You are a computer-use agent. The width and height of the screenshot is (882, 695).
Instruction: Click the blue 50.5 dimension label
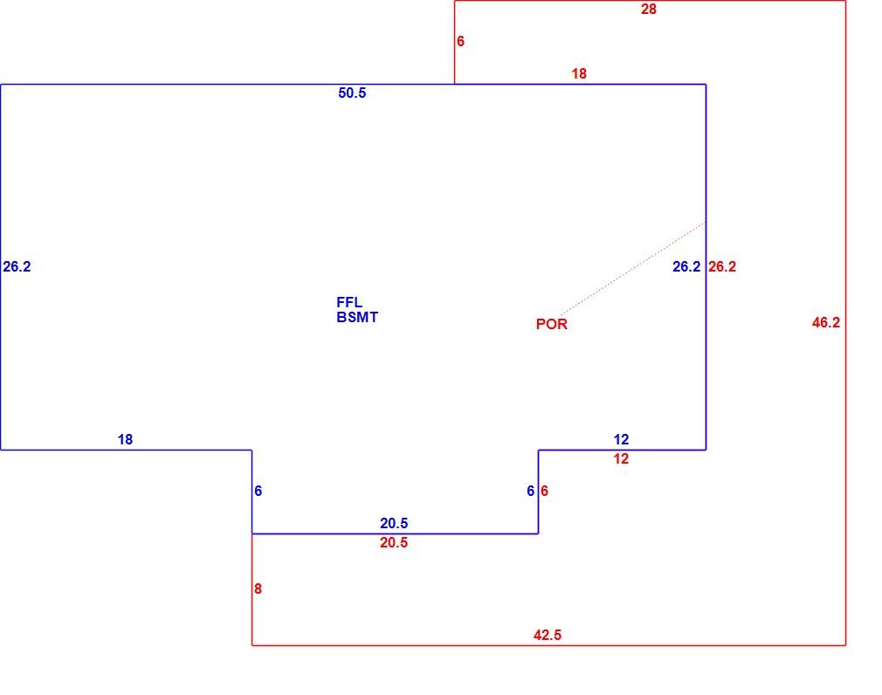click(x=352, y=93)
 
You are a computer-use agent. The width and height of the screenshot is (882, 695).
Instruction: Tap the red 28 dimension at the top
click(x=649, y=9)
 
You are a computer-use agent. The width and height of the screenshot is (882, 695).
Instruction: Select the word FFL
click(x=349, y=302)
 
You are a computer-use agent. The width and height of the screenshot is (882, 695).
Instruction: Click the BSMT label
click(x=357, y=317)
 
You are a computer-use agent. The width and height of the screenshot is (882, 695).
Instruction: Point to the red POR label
click(x=552, y=324)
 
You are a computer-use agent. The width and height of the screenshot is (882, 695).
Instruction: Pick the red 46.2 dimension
click(x=826, y=322)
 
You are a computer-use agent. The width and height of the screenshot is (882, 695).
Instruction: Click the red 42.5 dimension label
click(x=548, y=635)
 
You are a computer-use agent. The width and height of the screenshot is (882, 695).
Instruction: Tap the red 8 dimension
click(x=258, y=588)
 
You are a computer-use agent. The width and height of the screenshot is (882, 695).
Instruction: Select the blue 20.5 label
click(x=394, y=524)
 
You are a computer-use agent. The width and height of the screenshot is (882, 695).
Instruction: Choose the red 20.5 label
click(x=394, y=542)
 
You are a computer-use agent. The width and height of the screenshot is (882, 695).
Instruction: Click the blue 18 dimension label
click(x=125, y=440)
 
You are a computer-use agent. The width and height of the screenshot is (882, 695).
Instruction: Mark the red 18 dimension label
click(x=579, y=73)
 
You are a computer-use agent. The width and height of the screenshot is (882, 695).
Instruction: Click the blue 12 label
click(x=621, y=440)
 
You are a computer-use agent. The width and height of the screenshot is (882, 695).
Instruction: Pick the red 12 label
click(x=621, y=459)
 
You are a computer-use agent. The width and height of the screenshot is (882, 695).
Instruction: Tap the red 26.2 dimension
click(x=722, y=266)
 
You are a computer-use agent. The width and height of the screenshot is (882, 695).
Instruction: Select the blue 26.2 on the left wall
click(x=17, y=266)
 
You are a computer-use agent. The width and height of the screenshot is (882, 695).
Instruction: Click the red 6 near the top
click(x=461, y=41)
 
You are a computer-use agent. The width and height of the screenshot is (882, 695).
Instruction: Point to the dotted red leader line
click(x=632, y=269)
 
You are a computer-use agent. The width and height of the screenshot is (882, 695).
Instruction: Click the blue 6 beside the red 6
click(x=530, y=491)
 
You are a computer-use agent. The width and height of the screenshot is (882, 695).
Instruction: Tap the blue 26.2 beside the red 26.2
click(x=686, y=266)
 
